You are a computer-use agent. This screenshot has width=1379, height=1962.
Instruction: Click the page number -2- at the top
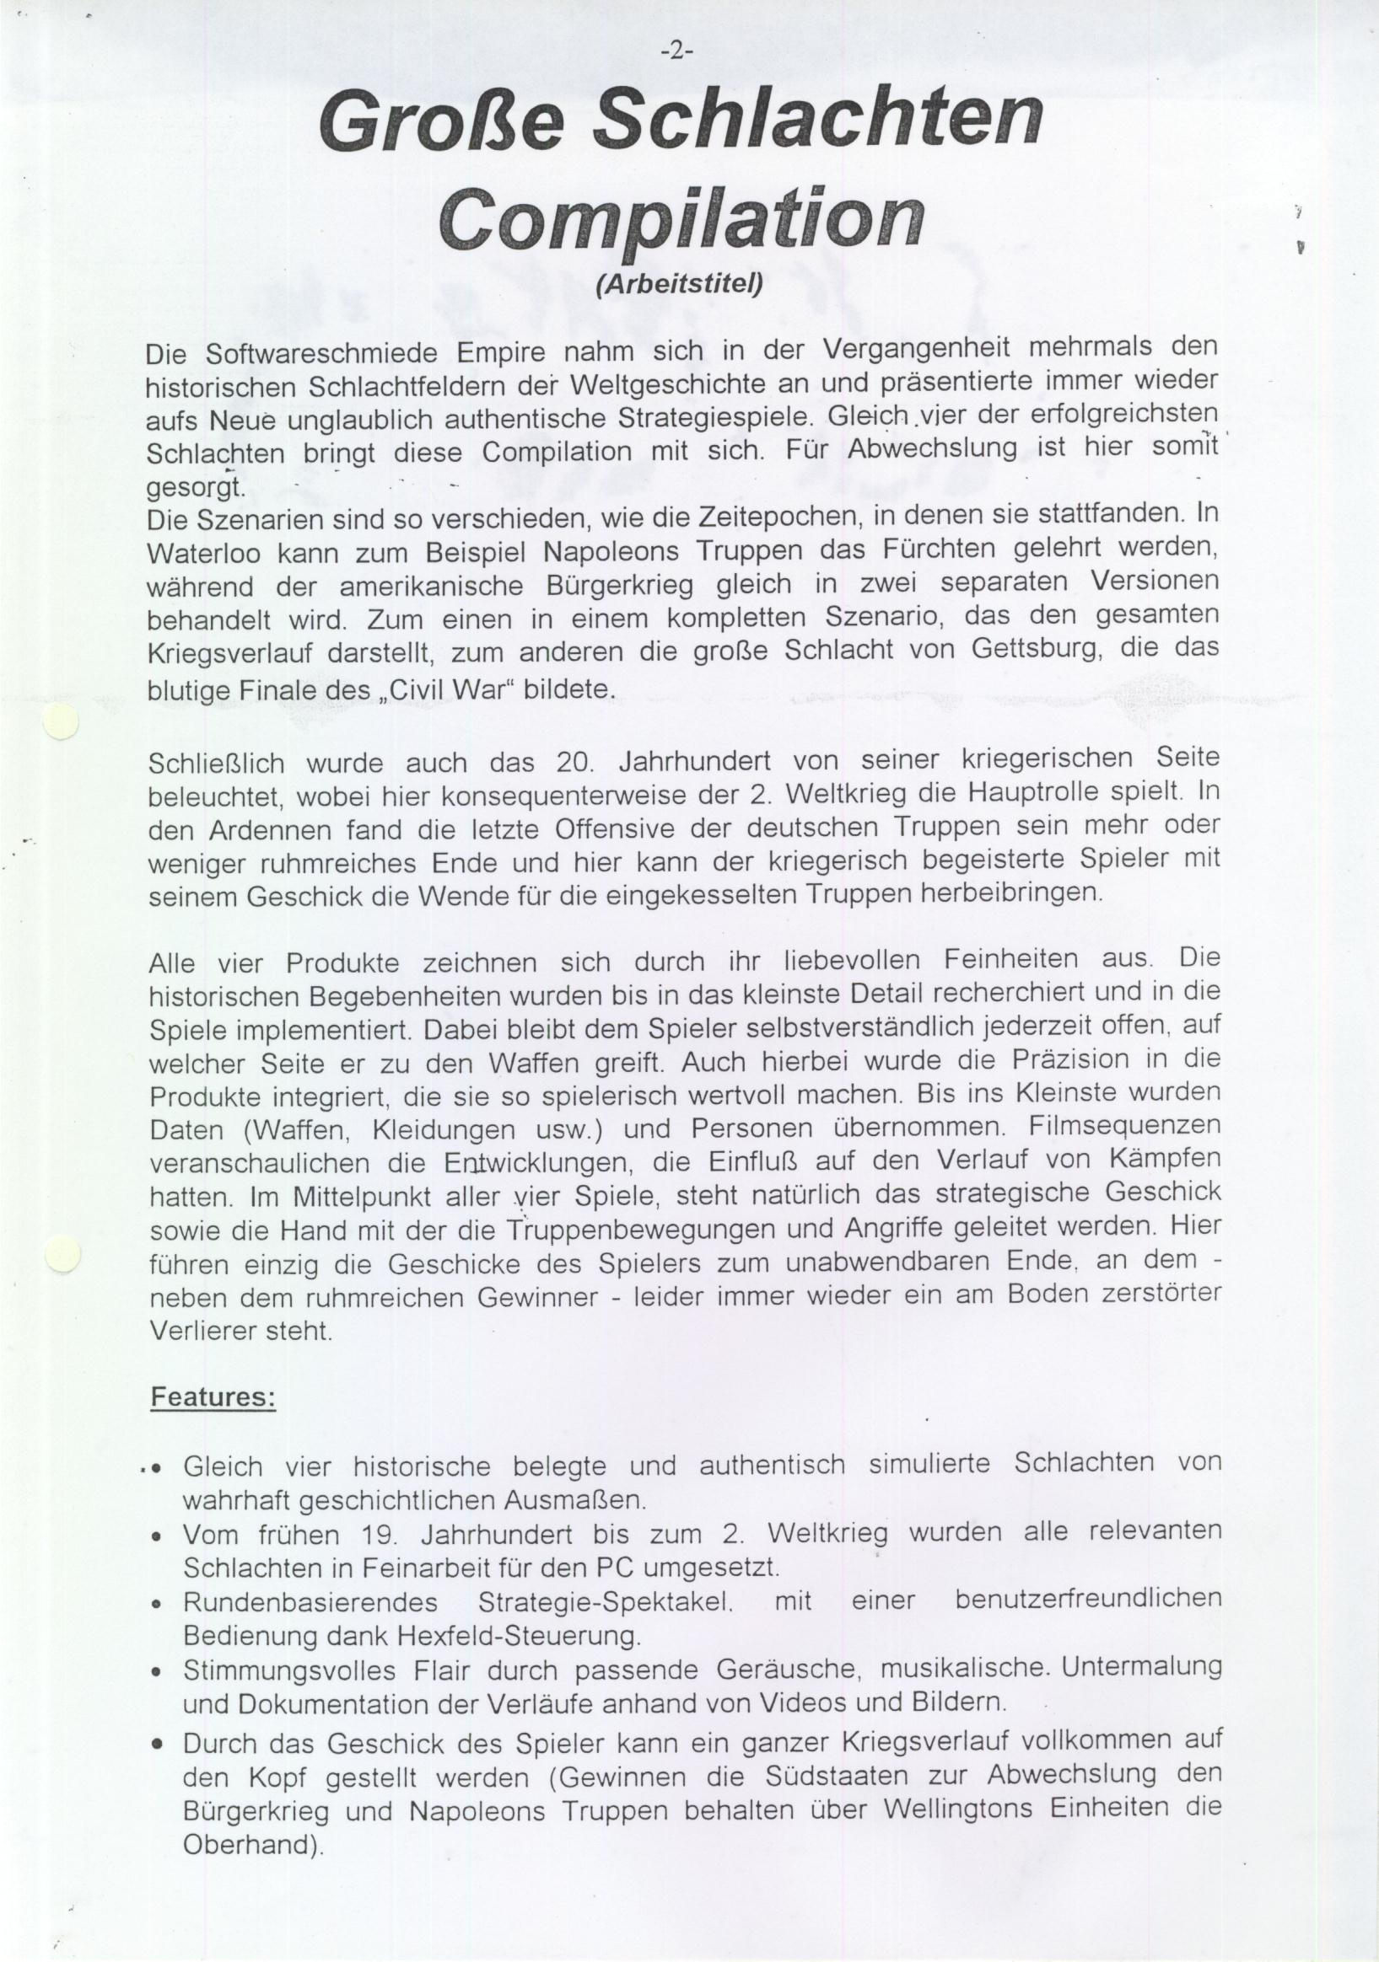point(678,52)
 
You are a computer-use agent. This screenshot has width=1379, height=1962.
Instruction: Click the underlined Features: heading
point(212,1399)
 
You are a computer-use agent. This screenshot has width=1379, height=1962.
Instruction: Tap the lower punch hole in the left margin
point(62,1252)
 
